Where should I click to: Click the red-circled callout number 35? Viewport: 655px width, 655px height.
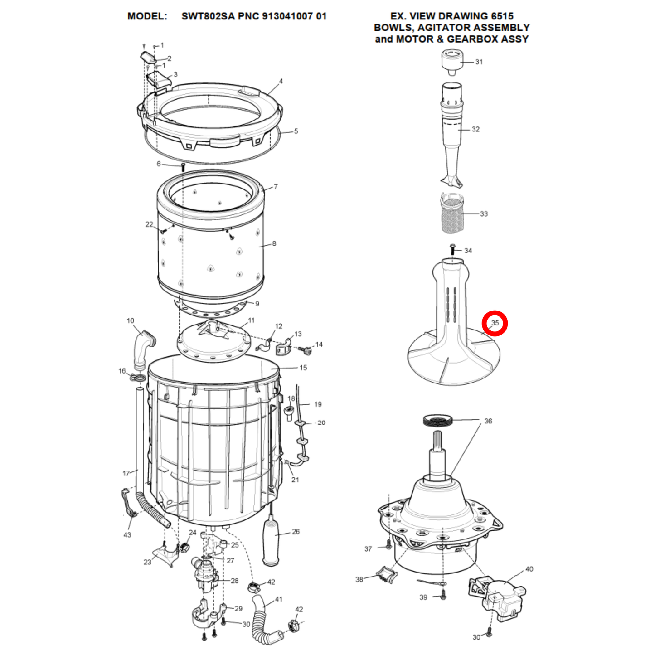(495, 323)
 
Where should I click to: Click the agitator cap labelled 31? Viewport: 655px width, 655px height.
(452, 63)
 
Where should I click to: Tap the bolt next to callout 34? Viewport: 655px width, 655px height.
(452, 249)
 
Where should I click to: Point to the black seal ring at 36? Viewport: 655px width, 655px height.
(438, 420)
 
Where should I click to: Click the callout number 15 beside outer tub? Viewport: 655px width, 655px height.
(303, 368)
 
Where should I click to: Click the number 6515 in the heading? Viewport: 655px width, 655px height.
(498, 16)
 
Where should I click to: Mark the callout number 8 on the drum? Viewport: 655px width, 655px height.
(274, 243)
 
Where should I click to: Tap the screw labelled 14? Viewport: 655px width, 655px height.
(306, 350)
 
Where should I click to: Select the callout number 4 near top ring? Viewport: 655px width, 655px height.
(281, 82)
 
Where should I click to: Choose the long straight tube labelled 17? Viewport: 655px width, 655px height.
(140, 440)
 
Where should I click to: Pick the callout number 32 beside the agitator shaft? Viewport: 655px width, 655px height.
(475, 129)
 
